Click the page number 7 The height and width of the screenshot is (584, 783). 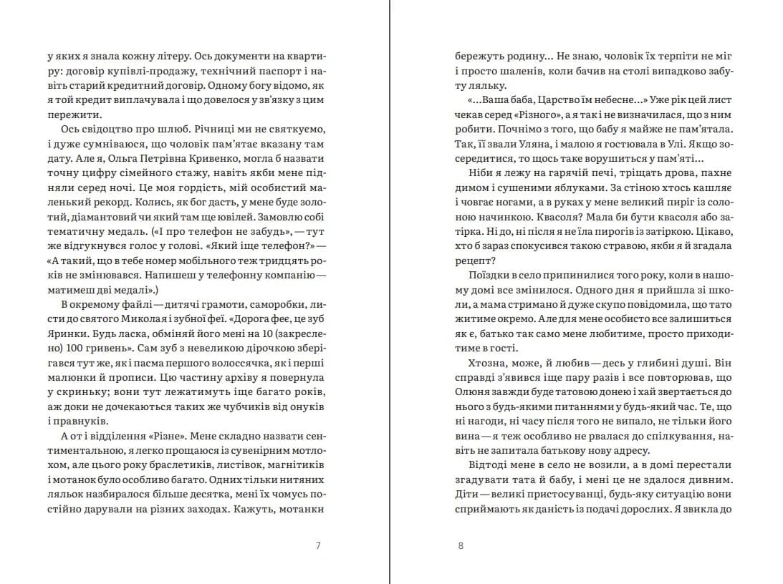[x=318, y=546]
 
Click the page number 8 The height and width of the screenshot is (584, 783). [x=461, y=546]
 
